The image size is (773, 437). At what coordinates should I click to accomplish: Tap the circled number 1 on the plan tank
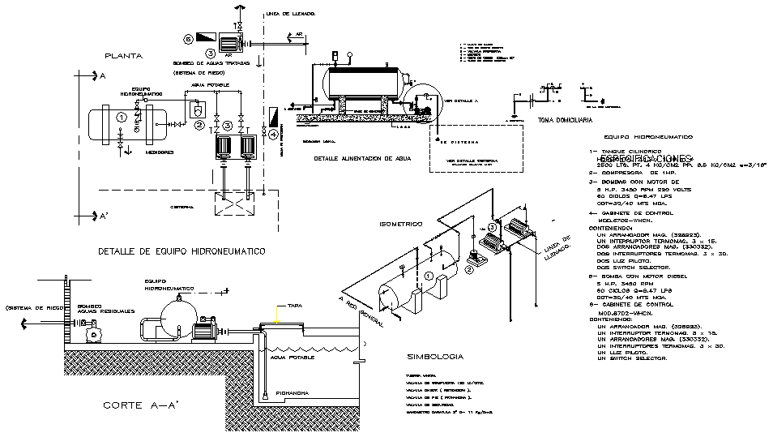[x=122, y=118]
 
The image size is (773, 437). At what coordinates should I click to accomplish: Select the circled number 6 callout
[x=188, y=38]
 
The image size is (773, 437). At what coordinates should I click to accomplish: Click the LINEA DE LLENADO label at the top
[x=290, y=14]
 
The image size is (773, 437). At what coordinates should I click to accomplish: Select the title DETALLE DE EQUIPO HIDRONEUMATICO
[x=181, y=252]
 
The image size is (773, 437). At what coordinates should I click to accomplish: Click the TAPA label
[x=284, y=306]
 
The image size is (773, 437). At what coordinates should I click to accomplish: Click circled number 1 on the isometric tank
[x=427, y=276]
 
